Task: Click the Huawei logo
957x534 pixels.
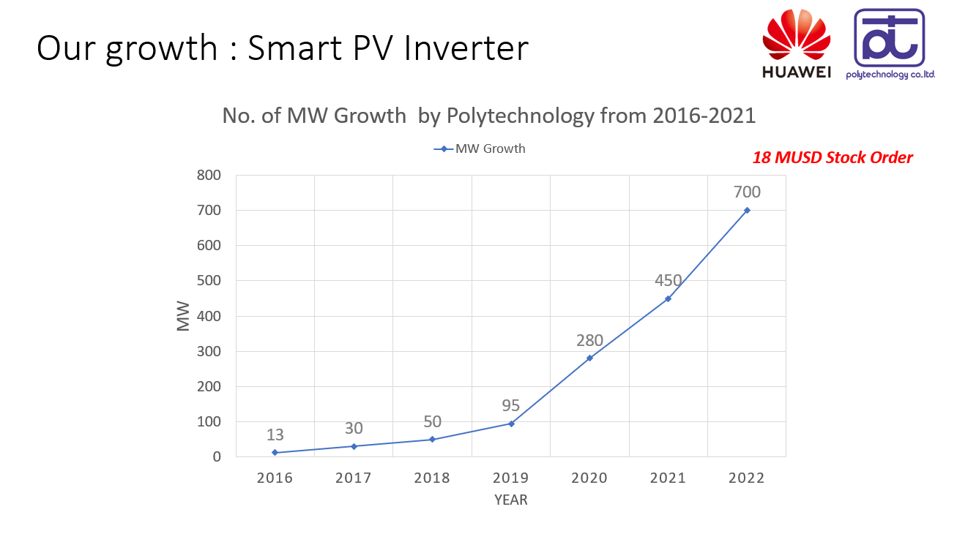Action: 797,45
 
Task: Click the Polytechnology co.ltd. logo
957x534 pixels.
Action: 890,45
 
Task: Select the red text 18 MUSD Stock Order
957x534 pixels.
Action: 833,157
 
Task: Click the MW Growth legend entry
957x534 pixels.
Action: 480,148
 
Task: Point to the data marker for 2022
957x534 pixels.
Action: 747,210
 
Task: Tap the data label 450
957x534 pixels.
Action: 668,280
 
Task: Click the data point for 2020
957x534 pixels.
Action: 589,358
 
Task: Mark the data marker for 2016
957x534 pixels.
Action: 275,452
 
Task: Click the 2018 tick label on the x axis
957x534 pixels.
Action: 432,478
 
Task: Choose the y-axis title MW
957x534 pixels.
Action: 183,316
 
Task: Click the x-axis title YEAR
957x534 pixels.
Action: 510,500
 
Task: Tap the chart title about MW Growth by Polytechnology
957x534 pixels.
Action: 488,116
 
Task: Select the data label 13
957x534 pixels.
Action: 275,435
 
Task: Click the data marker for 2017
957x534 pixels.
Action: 354,446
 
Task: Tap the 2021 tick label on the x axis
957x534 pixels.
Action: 668,478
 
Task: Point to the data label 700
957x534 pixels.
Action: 747,192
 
